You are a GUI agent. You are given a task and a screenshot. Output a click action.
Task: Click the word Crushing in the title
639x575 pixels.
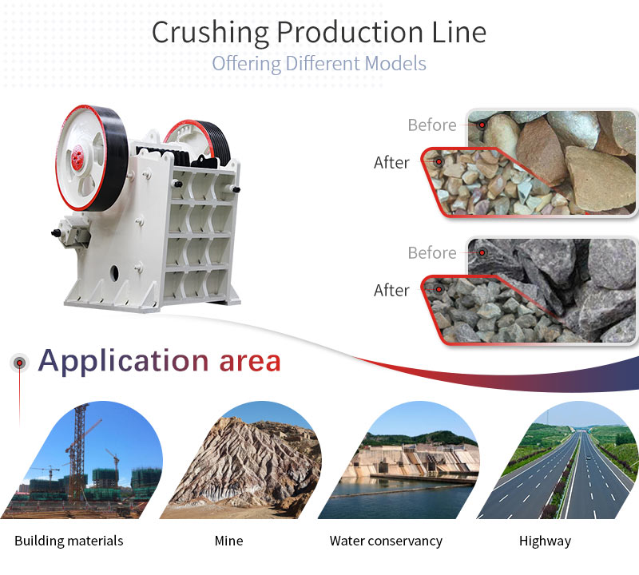210,33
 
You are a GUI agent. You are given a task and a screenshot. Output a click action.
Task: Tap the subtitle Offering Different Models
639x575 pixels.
319,64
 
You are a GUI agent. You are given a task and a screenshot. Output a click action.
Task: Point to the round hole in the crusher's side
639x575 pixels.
114,273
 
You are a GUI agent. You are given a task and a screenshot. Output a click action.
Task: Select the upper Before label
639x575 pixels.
432,125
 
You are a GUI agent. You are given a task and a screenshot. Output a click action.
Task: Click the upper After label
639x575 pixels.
391,163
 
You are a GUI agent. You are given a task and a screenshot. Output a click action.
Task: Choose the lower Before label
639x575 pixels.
432,253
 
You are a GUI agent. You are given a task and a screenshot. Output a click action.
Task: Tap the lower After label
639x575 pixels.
391,291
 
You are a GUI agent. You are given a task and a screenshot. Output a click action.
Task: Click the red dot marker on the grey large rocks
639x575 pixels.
482,252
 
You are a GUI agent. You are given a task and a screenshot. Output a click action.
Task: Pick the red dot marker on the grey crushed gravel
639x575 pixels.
439,289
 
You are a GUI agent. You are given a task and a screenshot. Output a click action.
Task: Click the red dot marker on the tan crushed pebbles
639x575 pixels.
439,162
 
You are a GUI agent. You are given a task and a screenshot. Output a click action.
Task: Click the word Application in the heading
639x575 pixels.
124,362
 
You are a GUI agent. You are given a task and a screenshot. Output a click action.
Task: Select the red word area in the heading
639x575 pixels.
250,362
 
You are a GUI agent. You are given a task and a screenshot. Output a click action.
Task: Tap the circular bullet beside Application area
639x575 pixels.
19,363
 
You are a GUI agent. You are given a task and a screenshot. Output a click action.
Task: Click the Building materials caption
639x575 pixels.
69,541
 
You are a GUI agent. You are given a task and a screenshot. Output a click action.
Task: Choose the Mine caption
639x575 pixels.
228,541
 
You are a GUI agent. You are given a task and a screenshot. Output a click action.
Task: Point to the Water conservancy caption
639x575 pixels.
386,541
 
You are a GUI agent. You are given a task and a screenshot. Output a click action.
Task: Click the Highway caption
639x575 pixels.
545,541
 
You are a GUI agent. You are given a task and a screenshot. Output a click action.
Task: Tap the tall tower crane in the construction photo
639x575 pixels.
80,452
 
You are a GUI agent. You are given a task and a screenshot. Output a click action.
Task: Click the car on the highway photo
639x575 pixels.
588,458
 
